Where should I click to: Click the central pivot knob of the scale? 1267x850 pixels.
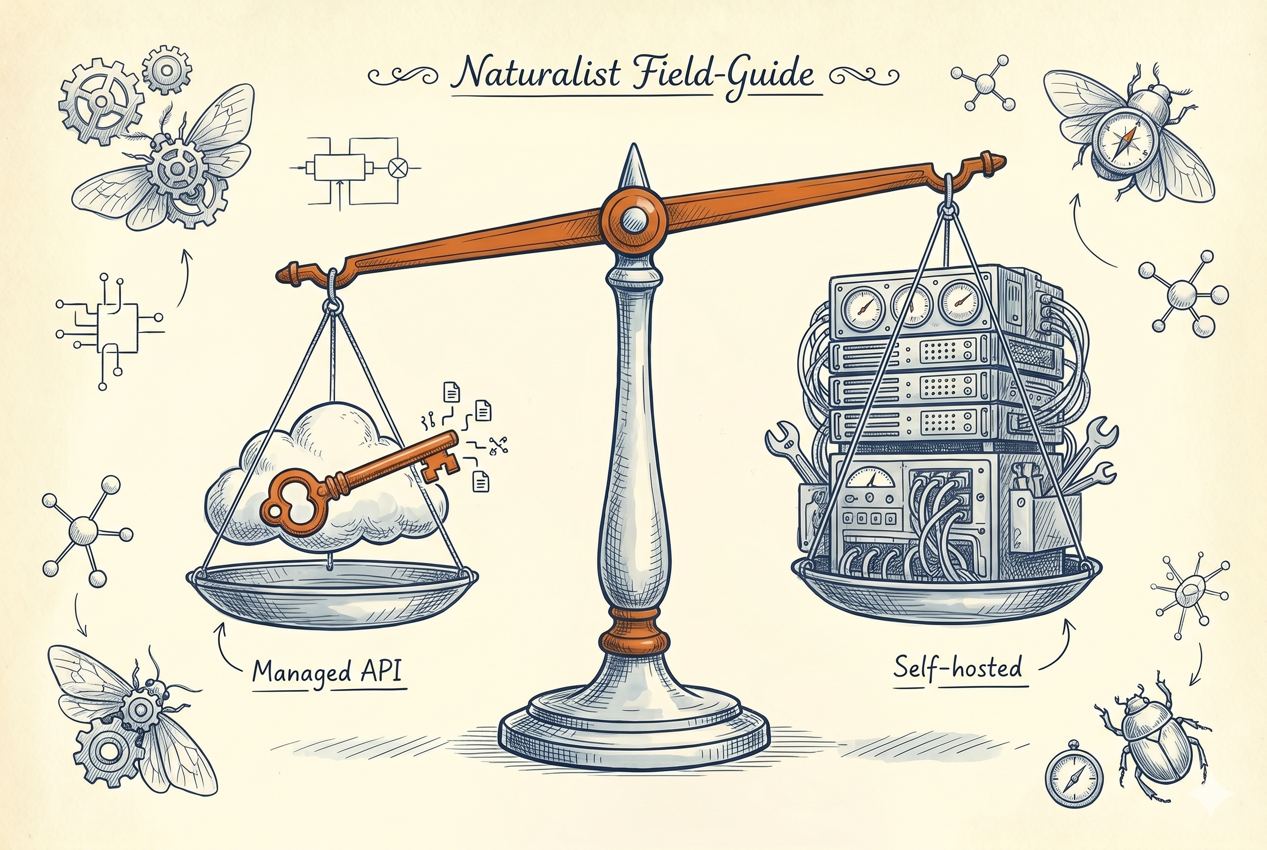633,220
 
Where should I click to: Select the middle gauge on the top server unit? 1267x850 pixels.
910,306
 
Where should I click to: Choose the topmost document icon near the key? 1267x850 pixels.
452,391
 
